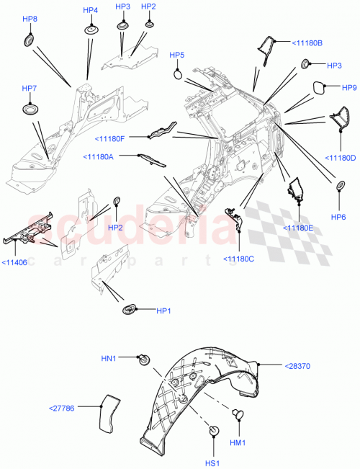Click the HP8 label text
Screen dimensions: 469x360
(30, 19)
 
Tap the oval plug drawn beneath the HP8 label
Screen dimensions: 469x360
(30, 39)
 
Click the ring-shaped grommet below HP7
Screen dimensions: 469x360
(30, 109)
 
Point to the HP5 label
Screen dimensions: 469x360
(176, 55)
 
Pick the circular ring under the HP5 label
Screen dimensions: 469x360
(178, 73)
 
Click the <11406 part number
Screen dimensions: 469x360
(15, 263)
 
